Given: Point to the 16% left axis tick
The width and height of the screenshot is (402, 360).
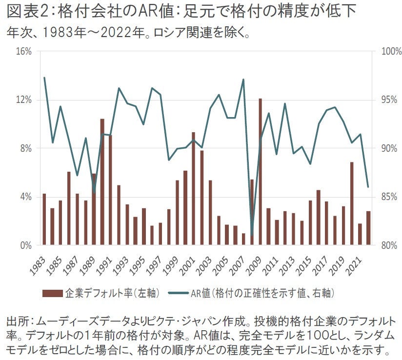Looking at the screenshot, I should [x=24, y=51].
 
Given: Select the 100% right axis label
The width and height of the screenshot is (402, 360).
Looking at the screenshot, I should [x=390, y=51].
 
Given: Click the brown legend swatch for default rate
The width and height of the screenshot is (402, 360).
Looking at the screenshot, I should [x=52, y=293].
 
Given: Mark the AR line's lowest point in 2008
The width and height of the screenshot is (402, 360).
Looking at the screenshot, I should [x=252, y=235].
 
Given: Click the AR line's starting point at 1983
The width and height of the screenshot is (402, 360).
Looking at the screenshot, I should [x=44, y=78].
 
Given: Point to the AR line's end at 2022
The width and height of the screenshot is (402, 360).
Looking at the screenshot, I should [x=368, y=187].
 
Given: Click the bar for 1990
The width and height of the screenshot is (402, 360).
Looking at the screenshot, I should [x=102, y=182].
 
